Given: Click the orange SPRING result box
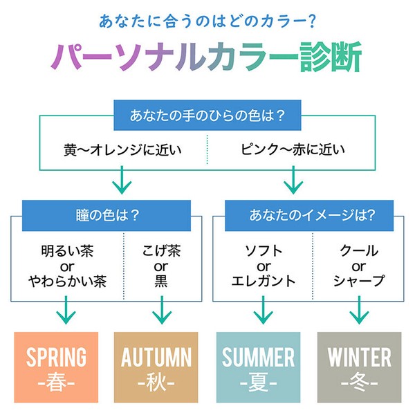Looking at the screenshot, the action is pos(56,367).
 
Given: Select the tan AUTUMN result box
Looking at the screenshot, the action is pos(156,367).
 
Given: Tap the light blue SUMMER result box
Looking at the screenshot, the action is pos(258,367).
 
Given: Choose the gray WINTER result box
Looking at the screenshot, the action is pos(359,367).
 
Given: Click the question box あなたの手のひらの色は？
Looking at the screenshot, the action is pos(207,115).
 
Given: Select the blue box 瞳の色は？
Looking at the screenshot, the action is pos(107,215).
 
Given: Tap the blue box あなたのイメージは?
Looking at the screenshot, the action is pos(309,215).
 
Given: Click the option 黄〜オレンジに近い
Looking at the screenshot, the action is pos(122,150).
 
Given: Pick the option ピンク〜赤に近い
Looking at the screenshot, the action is pos(293,149).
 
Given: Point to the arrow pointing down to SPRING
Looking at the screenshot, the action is pos(66,310).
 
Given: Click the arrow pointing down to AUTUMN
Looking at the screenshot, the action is pos(162,310).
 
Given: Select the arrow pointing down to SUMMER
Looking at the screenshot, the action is pos(263,310).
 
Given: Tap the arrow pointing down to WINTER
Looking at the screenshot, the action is pos(359,310).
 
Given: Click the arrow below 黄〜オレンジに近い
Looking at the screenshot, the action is pos(122,180).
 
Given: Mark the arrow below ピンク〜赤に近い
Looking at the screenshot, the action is pos(293,180).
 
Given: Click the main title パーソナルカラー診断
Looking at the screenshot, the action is pos(206,57).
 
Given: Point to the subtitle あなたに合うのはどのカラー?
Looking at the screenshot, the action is pos(207,21).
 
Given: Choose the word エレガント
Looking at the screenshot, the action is pos(264,281).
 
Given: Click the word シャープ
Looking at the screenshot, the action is pos(359,281).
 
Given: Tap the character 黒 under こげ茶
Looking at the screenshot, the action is pos(161,281).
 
